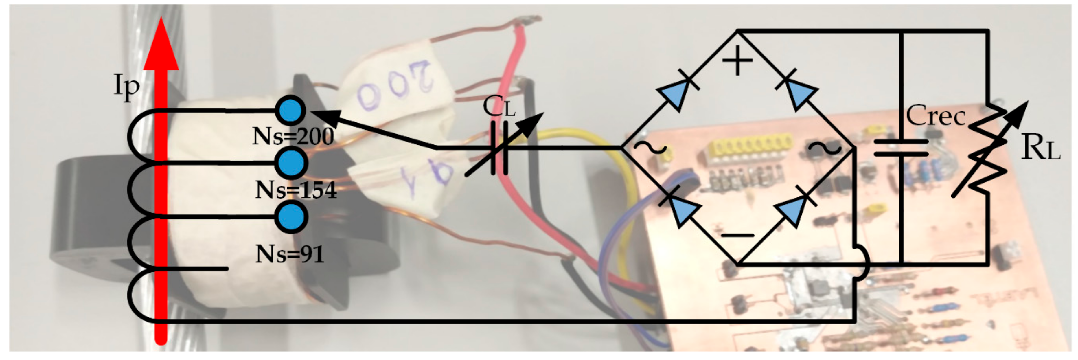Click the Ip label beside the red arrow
pyautogui.click(x=126, y=87)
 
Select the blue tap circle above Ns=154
pyautogui.click(x=291, y=163)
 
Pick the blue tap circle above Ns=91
pyautogui.click(x=291, y=217)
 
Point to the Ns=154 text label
pyautogui.click(x=295, y=190)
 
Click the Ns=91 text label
pyautogui.click(x=290, y=254)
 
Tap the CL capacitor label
pyautogui.click(x=499, y=107)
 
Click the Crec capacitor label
pyautogui.click(x=936, y=116)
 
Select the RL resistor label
pyautogui.click(x=1040, y=148)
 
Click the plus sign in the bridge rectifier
pyautogui.click(x=737, y=61)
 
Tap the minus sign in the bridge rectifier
pyautogui.click(x=737, y=236)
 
